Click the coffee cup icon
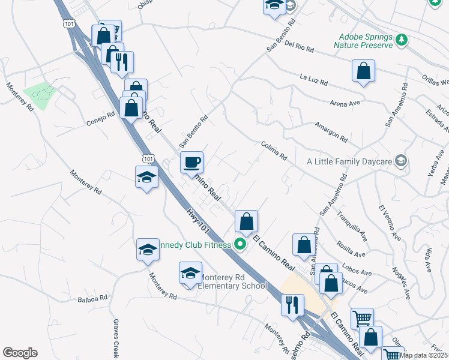[x=192, y=162]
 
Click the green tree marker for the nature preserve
[x=402, y=40]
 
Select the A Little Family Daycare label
[x=349, y=161]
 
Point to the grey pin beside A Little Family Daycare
[x=402, y=161]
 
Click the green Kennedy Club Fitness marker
[x=241, y=244]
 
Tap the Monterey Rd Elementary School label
[x=232, y=281]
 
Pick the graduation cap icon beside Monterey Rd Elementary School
[x=190, y=273]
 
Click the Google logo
[x=20, y=353]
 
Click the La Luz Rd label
[x=313, y=79]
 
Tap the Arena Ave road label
[x=345, y=103]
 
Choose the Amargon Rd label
[x=331, y=132]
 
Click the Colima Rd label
[x=274, y=151]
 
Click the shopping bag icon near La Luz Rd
[x=364, y=71]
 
